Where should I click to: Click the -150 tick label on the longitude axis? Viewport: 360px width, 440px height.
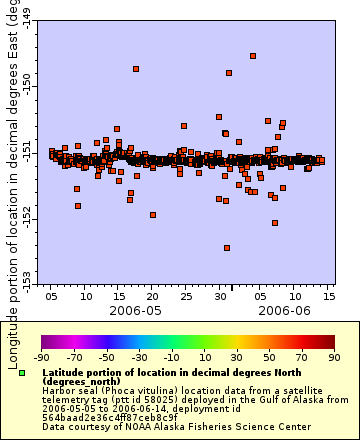(x=27, y=89)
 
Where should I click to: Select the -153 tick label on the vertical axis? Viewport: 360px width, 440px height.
(x=27, y=277)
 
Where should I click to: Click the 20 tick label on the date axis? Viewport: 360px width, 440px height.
(x=152, y=297)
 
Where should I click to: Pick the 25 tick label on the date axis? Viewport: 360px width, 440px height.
(x=186, y=297)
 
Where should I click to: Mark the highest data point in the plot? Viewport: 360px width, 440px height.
(x=253, y=56)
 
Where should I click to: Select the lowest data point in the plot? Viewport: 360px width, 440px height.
(x=227, y=248)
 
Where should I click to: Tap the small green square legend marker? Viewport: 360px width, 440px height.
(x=23, y=373)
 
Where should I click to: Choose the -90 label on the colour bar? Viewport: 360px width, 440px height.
(x=41, y=357)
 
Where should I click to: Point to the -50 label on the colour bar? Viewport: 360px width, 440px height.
(x=106, y=357)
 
